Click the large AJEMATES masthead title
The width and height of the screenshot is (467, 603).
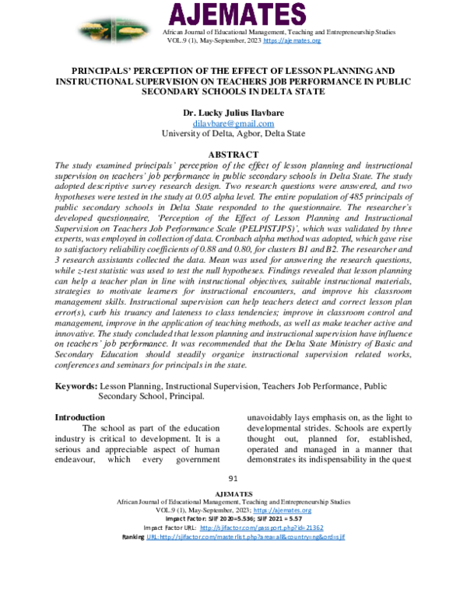tap(233, 16)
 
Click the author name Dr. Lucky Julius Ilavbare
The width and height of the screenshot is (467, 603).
tap(233, 113)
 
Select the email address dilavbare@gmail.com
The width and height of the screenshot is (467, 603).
tap(233, 123)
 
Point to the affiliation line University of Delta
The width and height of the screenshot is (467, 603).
tap(233, 133)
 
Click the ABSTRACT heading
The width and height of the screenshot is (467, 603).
tap(233, 155)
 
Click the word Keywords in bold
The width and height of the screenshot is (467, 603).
tap(75, 385)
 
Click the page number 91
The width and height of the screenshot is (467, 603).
tap(233, 479)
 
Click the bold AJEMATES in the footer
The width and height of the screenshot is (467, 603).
tap(233, 493)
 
